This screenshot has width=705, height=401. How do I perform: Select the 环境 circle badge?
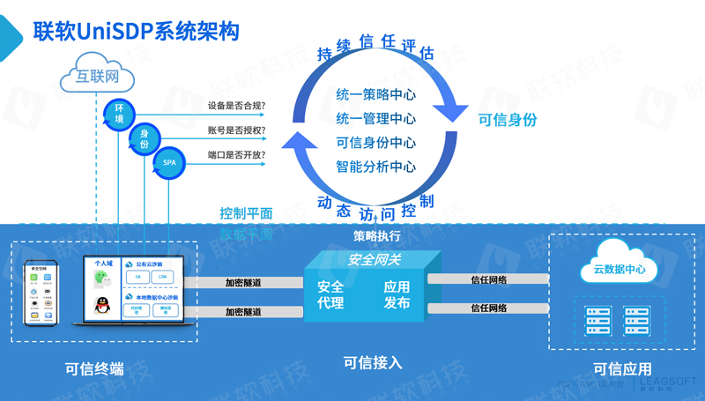(117, 114)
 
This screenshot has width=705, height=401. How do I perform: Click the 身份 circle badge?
(144, 138)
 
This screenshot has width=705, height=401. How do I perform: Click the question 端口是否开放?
(236, 155)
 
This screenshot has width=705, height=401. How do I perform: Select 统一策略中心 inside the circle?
(375, 95)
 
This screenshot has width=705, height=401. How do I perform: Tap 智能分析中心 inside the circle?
(375, 166)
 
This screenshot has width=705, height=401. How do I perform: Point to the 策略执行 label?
(377, 235)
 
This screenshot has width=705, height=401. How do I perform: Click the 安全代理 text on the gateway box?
(330, 294)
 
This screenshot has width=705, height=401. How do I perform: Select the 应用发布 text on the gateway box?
(397, 294)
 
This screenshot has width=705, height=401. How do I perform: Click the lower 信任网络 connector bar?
(488, 308)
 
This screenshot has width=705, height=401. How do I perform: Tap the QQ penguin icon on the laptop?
(101, 305)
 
